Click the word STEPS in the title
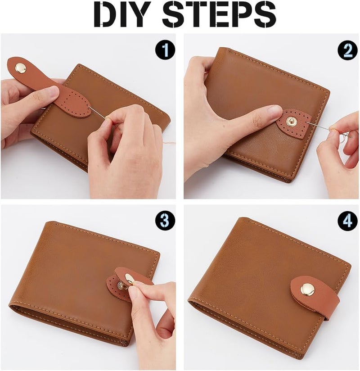(219, 14)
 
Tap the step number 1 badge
(165, 49)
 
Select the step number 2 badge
(347, 49)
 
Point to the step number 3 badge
(165, 221)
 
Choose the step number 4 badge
(347, 221)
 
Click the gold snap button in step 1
(20, 68)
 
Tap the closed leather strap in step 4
(315, 295)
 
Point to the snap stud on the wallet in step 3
(121, 285)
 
